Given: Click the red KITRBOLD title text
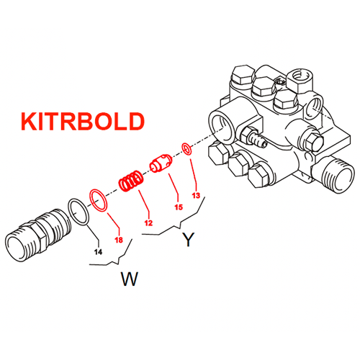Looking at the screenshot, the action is pos(83,121).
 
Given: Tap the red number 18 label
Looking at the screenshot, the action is pos(119,240).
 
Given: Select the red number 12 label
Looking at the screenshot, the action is pos(148,223).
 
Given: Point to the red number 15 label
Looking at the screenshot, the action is pos(179,207).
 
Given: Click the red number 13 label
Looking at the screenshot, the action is pos(196,195).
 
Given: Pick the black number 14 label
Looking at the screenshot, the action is pos(98,252).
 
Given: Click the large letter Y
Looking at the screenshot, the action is pos(189,239).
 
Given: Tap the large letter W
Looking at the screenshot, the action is pos(130,279).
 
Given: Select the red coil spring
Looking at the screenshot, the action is pos(131,181).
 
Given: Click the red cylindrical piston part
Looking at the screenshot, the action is pos(161,163).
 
